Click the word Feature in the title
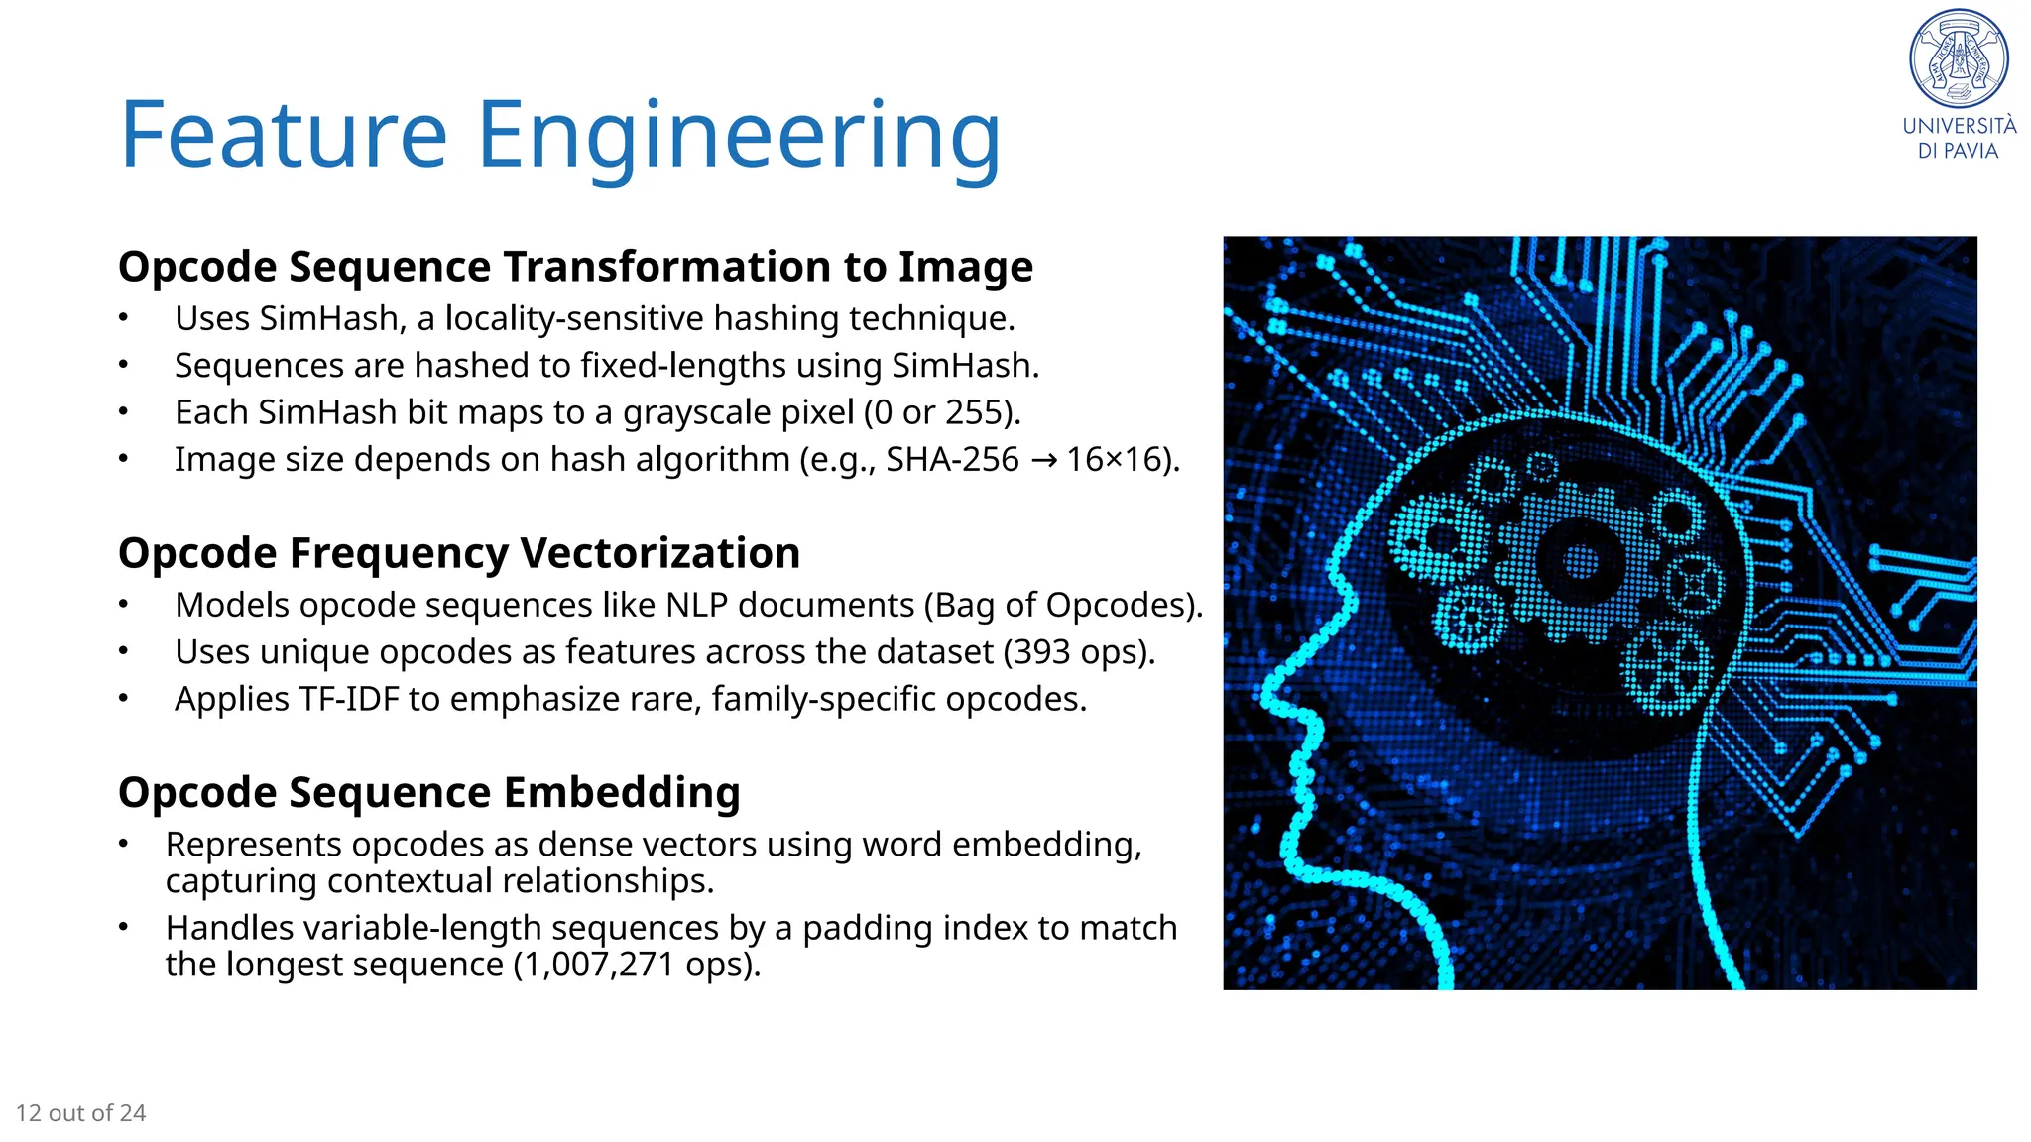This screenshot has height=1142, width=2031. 284,135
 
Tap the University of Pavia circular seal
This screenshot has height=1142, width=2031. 1959,58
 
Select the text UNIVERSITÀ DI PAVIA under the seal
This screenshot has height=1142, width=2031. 1959,138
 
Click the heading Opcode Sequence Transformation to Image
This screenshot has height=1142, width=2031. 575,267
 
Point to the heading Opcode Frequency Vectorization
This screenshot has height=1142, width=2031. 458,553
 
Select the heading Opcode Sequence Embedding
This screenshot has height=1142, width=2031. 428,792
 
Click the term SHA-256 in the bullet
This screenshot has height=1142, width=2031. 952,460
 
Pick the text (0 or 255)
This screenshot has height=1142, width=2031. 941,412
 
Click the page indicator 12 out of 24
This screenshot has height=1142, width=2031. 81,1113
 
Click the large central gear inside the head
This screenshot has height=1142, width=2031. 1580,562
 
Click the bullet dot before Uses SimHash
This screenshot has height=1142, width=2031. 123,318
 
